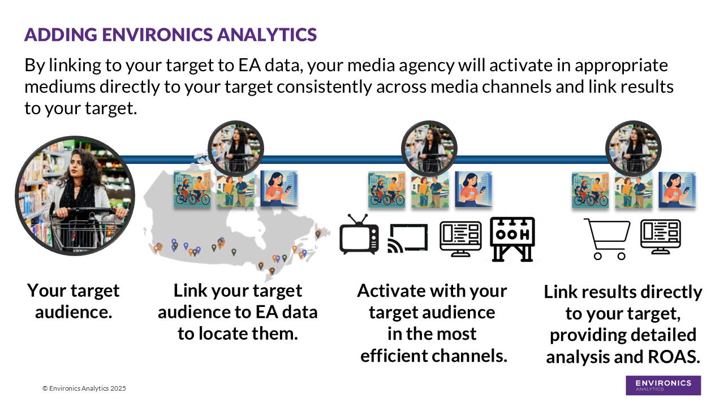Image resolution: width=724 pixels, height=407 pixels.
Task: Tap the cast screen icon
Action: tap(407, 238)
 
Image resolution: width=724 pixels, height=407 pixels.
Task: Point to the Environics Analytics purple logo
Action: tap(663, 385)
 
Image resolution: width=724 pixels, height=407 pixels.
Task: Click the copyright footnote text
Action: tap(84, 388)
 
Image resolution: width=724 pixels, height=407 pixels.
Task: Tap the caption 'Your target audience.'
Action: tap(74, 301)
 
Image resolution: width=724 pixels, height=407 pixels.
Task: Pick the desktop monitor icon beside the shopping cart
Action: tap(660, 237)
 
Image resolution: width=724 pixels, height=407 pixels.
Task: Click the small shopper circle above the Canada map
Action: tap(236, 149)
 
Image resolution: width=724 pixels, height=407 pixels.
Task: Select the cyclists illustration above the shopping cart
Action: tap(590, 190)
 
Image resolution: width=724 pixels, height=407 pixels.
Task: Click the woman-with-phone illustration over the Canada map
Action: tap(279, 189)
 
